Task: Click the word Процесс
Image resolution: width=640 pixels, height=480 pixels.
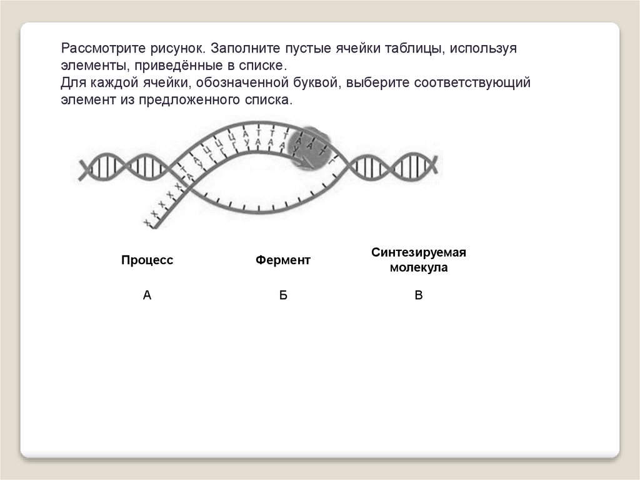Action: click(147, 260)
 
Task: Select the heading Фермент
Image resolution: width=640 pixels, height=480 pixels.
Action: click(282, 260)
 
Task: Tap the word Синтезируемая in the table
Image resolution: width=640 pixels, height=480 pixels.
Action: click(419, 253)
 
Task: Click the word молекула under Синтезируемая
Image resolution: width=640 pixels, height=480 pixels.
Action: click(419, 268)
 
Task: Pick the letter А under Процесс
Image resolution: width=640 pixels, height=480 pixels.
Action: click(147, 295)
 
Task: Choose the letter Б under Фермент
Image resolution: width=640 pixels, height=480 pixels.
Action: click(283, 295)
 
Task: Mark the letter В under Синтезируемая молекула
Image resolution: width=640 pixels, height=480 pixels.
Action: click(419, 295)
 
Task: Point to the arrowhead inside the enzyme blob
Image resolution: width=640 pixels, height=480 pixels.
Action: click(304, 165)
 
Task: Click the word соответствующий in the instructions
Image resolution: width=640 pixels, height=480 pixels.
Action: click(473, 83)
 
